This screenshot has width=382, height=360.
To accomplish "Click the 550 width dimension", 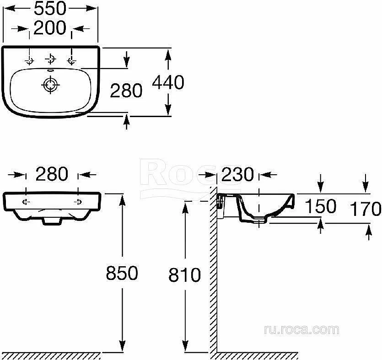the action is pos(50,8).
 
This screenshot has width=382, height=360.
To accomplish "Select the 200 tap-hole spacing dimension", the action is pos(50,28).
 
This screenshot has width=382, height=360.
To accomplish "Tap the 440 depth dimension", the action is pos(168,82).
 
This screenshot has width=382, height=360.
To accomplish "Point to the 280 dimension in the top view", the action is pos(126,91).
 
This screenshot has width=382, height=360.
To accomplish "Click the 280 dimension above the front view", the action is pos(52,174).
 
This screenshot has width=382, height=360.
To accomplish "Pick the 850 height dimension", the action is pos(122,273).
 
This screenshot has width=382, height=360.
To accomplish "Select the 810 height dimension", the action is pos(185,275).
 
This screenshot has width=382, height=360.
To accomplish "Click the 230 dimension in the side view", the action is pos(237,174).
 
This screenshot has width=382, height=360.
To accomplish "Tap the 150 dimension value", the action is pos(321,206).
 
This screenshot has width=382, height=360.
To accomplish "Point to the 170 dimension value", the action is pos(366,209).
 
